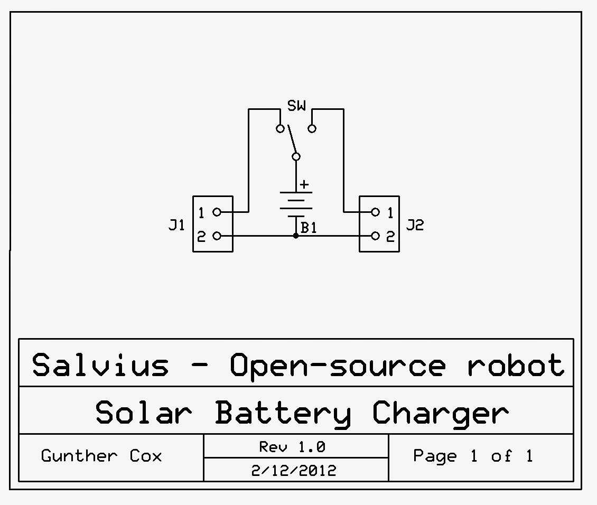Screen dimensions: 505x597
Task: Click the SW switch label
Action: tap(296, 106)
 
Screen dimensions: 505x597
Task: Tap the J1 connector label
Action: tap(176, 226)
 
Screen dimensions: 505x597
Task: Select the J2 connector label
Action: tap(415, 226)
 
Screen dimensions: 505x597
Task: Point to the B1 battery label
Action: tap(309, 228)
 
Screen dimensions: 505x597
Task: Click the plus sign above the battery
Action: tap(304, 185)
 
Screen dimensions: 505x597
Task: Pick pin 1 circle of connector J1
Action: tap(217, 212)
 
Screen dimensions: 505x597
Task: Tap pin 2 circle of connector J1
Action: tap(217, 236)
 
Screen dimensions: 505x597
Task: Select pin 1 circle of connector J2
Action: tap(375, 212)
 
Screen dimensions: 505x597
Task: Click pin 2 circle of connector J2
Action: tap(375, 236)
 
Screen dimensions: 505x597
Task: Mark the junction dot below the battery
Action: tap(296, 236)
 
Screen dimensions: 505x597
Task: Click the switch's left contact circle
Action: tap(281, 128)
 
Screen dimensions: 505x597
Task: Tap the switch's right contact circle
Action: tap(312, 128)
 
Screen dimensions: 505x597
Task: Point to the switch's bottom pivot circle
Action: tap(296, 156)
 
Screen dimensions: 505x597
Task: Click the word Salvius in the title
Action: tap(100, 364)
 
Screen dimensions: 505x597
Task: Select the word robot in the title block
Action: tap(516, 364)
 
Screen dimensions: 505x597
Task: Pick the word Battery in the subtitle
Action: tap(283, 413)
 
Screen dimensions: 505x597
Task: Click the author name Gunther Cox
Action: tap(101, 456)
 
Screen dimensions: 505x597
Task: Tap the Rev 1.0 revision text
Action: tap(292, 447)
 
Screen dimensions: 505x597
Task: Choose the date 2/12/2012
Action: tap(294, 470)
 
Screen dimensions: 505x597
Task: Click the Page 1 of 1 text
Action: tap(473, 456)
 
